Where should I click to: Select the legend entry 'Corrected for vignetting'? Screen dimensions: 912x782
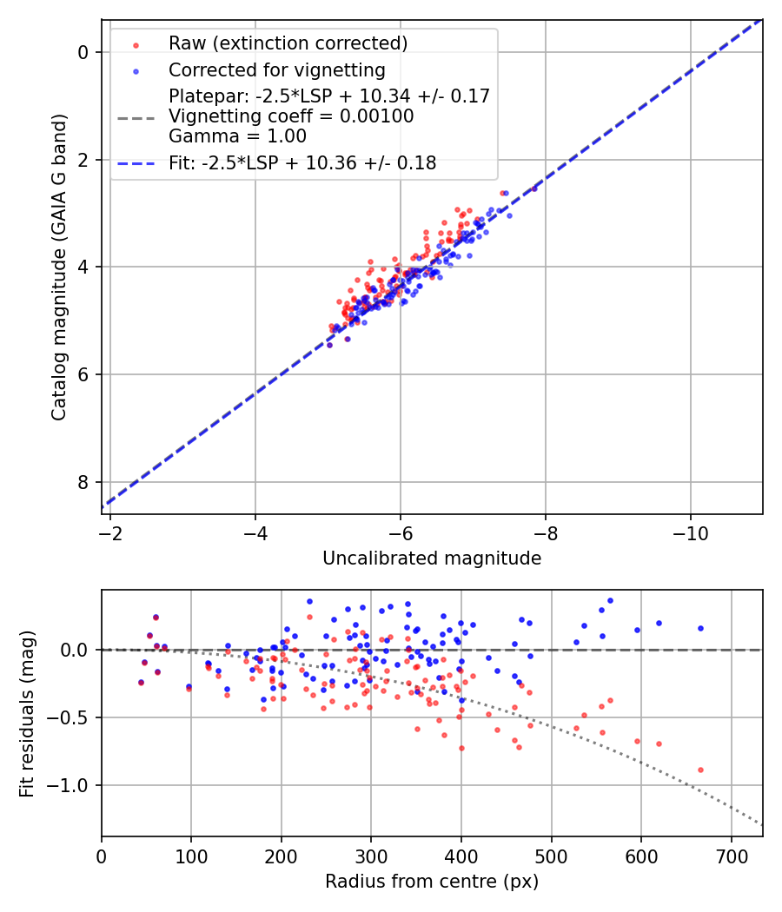tap(277, 69)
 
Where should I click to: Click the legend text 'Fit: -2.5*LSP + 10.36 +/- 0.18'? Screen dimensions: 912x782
tap(302, 162)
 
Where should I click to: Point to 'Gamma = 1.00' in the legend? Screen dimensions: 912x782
tap(237, 135)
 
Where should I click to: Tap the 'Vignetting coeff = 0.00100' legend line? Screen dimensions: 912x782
tap(291, 116)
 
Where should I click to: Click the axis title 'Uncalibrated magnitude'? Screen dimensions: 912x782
tap(432, 558)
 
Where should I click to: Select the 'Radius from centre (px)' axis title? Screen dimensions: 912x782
tap(432, 882)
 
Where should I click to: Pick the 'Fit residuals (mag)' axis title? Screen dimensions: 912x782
tap(27, 713)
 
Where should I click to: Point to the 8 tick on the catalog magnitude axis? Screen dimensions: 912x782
tap(83, 482)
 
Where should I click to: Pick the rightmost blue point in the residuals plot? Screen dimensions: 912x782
tap(700, 628)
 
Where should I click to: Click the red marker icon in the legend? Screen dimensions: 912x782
tap(136, 43)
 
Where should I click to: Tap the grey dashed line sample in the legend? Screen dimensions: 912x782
tap(136, 116)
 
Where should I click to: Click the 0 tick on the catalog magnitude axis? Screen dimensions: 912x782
tap(83, 52)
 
